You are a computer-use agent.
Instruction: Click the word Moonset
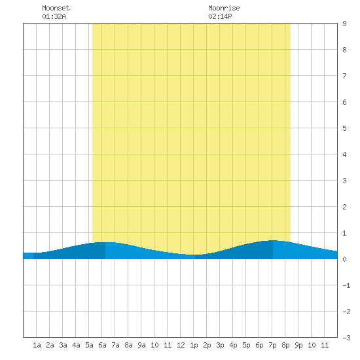(56, 8)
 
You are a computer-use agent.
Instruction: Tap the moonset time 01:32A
(54, 16)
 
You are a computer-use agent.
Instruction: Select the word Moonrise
(224, 8)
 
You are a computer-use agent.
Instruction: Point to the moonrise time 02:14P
(220, 16)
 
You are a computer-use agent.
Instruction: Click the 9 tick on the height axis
(344, 24)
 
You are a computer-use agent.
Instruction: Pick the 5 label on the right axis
(344, 128)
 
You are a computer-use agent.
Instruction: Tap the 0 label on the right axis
(344, 259)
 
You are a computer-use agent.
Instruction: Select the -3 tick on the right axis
(346, 338)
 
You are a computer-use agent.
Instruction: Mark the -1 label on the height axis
(346, 285)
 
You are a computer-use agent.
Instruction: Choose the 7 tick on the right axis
(344, 76)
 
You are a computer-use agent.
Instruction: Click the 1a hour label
(37, 345)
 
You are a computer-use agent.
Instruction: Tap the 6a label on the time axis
(102, 345)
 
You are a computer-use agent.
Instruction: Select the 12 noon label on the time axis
(181, 345)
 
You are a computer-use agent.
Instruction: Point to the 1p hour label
(194, 345)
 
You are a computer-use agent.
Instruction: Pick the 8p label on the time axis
(285, 345)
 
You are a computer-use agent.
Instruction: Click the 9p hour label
(298, 345)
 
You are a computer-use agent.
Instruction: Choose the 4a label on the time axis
(76, 345)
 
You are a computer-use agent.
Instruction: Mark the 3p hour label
(220, 345)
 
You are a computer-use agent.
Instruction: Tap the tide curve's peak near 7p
(273, 240)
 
